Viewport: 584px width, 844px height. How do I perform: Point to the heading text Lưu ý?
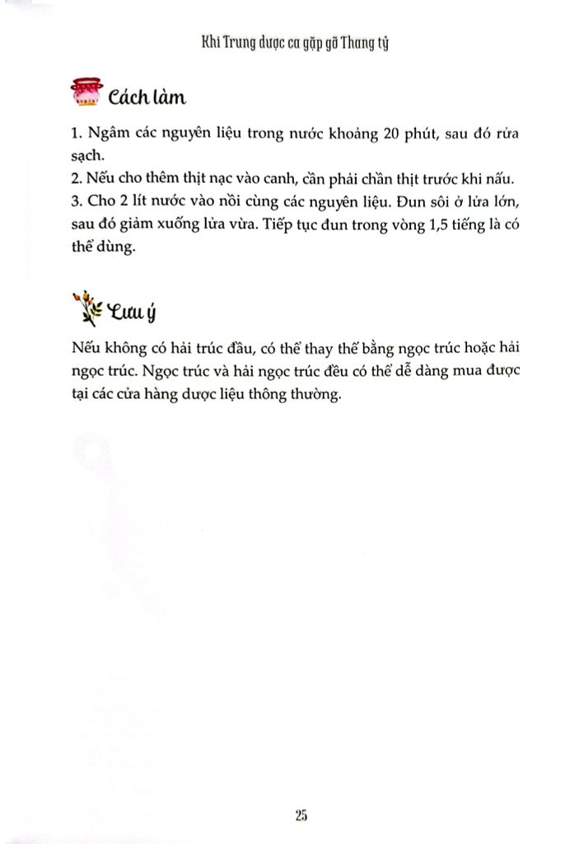[x=124, y=312]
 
